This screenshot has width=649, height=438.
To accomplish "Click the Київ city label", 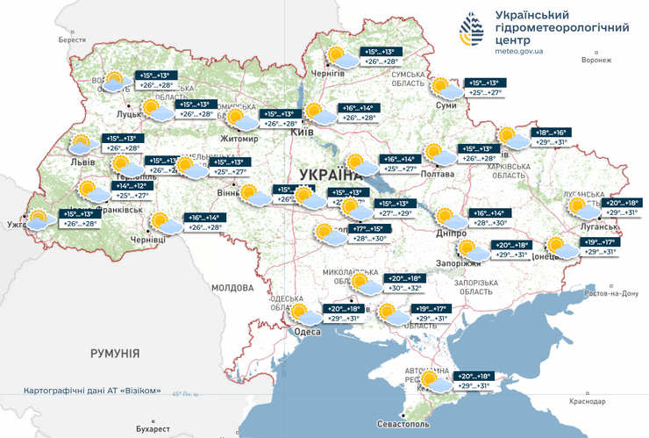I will [x=302, y=132].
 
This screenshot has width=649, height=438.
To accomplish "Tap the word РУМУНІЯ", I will [x=115, y=353].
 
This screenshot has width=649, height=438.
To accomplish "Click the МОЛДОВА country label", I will [x=232, y=287].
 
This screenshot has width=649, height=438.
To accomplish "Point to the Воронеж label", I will [x=596, y=61].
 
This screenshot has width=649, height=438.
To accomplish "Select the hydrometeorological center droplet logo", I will [x=471, y=33].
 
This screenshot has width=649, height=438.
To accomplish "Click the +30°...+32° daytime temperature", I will [x=405, y=288].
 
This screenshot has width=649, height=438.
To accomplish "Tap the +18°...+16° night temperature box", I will [x=553, y=132].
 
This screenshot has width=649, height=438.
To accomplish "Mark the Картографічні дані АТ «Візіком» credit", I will [x=92, y=391].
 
